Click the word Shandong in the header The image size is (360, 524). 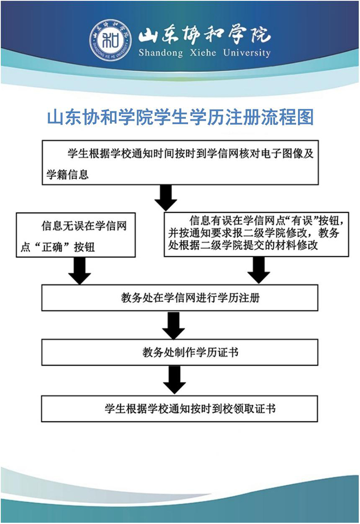161,53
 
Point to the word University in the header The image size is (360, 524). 247,53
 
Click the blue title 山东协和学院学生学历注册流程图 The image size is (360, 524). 180,117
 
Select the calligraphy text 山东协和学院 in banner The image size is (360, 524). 204,35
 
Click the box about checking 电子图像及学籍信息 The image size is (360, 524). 180,163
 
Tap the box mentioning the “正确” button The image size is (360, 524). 76,235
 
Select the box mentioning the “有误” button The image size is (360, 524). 256,234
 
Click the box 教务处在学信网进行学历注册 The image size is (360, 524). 180,298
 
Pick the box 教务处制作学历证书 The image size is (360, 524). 180,352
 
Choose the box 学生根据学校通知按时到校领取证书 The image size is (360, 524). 180,408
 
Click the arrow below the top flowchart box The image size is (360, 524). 166,198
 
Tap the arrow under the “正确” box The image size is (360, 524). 80,271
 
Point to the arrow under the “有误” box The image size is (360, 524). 258,271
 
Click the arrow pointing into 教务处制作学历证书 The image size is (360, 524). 174,325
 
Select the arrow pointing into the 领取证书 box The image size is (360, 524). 174,380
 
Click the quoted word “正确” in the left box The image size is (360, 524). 52,247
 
